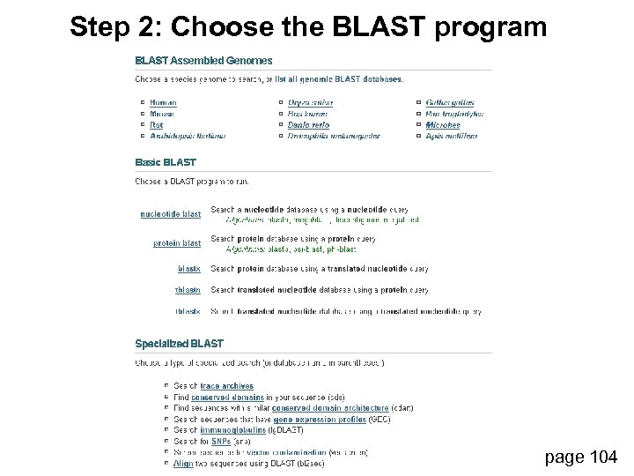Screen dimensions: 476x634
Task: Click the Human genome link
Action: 163,103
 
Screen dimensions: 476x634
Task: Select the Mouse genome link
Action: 162,114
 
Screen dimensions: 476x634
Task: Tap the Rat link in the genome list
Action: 156,125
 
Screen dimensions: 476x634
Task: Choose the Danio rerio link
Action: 308,125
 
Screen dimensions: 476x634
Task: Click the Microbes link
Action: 443,125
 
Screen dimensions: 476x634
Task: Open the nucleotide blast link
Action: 171,213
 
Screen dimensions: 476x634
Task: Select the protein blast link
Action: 177,243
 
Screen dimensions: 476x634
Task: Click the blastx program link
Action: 188,268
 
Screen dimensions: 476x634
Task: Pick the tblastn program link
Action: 188,290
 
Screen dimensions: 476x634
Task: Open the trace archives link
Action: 226,386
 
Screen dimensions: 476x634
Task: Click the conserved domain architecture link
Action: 330,408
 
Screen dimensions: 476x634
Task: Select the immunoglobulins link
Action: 229,430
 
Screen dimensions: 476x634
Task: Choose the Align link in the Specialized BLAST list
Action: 183,463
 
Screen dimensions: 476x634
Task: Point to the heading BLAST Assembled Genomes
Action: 203,61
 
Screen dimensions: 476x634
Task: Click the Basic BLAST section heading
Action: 166,162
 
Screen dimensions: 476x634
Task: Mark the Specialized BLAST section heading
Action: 179,344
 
